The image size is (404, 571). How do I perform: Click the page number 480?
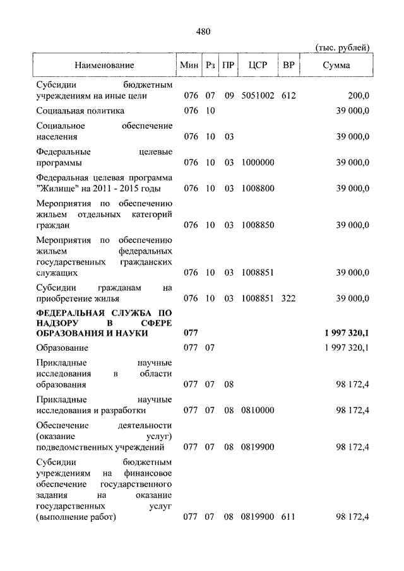tap(203, 31)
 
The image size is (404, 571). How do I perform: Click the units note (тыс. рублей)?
tap(342, 48)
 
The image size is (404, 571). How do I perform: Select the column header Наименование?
tap(104, 65)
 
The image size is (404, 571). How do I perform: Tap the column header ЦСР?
tap(258, 65)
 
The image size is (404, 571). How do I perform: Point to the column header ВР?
tap(288, 65)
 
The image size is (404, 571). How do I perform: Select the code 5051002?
tap(258, 96)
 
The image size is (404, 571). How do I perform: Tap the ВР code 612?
tap(288, 96)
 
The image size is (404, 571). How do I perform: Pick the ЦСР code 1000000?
tap(258, 162)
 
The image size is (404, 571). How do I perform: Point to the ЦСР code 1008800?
tap(258, 189)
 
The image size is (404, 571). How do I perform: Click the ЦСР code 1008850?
tap(258, 225)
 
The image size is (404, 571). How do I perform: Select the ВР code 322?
tap(288, 298)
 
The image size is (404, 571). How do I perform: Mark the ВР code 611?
tap(288, 517)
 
